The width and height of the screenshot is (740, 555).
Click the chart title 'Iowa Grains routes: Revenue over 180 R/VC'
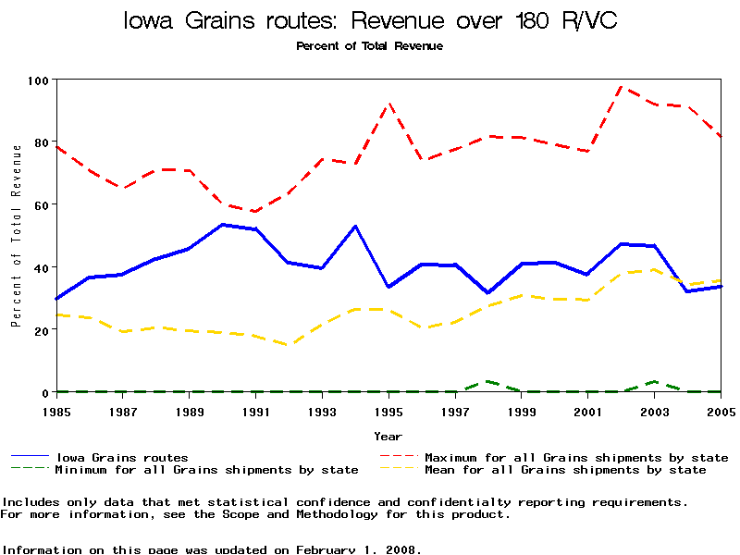coord(370,20)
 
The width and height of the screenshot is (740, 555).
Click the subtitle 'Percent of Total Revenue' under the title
coord(369,45)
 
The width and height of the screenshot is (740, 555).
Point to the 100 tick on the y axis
coord(38,80)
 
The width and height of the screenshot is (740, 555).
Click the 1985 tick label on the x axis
coord(56,411)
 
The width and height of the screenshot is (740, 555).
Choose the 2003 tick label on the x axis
coord(655,411)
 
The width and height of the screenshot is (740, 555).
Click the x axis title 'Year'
coord(388,436)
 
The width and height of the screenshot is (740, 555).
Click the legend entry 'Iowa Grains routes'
coord(121,457)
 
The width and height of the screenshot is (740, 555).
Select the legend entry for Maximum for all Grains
coord(575,457)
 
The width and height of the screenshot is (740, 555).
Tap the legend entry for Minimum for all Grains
coord(205,470)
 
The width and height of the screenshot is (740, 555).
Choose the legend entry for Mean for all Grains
coord(564,470)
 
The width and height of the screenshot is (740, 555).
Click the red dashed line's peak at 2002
coord(622,87)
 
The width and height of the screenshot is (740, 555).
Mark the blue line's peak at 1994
coord(355,226)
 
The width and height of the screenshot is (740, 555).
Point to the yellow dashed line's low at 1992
coord(289,345)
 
